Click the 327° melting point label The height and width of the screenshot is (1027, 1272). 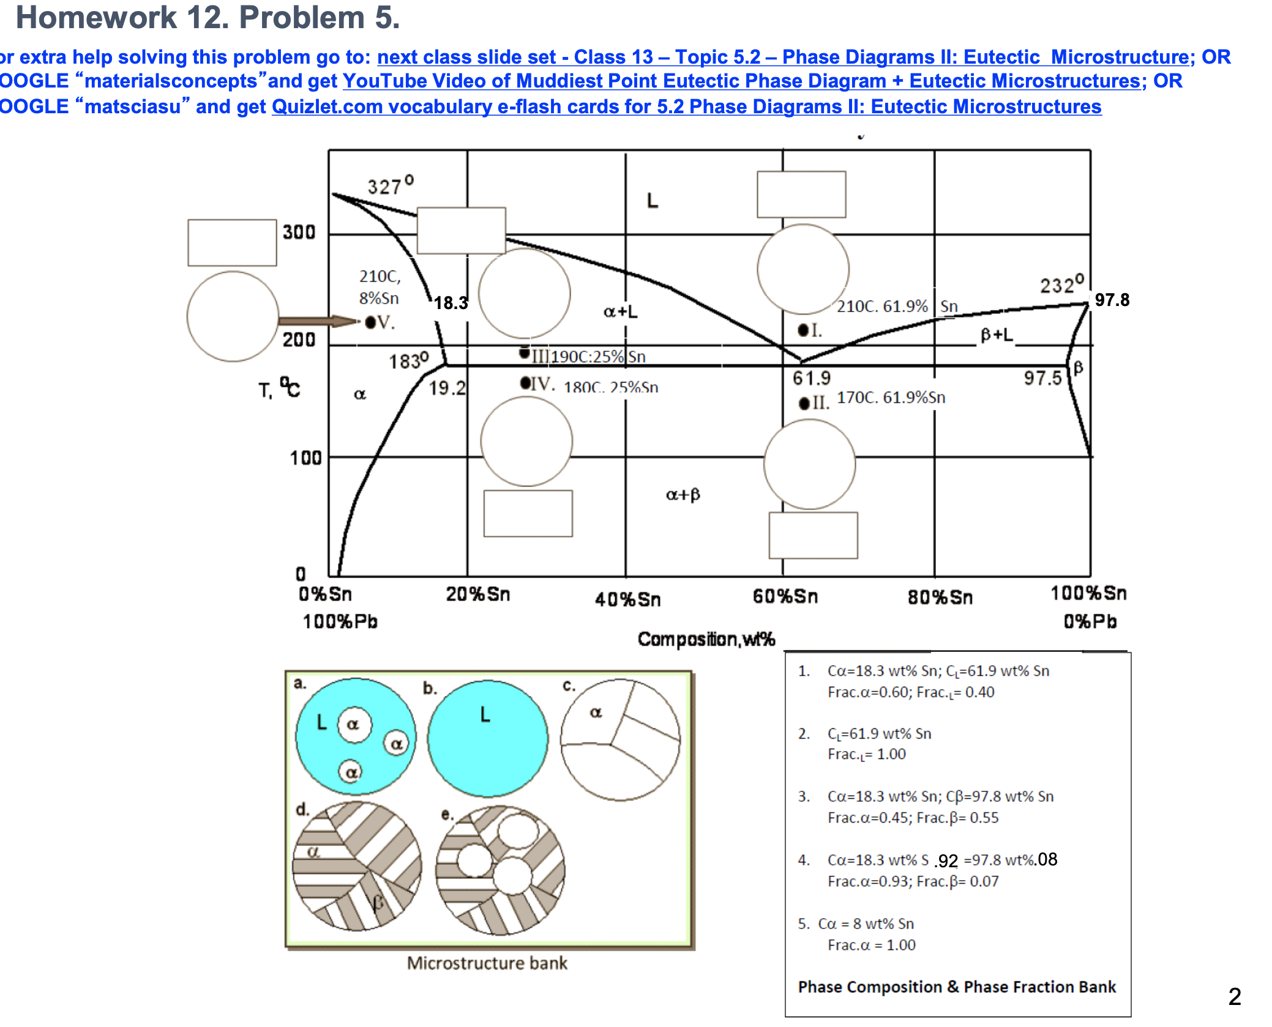tap(390, 185)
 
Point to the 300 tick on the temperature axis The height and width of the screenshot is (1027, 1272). tap(299, 232)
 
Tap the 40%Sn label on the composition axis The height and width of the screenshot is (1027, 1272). tap(627, 599)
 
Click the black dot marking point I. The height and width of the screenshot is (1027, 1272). tap(803, 331)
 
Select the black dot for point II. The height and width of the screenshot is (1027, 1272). tap(804, 403)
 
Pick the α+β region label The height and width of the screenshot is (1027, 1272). tap(683, 495)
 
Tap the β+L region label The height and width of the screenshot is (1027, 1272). tap(997, 334)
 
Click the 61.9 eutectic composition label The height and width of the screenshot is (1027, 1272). tap(811, 378)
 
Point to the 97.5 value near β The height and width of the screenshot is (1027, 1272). tap(1042, 378)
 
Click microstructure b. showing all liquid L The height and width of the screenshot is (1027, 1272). tap(487, 738)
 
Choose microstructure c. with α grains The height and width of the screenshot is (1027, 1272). tap(620, 739)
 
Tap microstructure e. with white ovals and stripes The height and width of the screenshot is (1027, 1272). tap(500, 870)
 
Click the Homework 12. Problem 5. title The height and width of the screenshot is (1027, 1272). tap(208, 17)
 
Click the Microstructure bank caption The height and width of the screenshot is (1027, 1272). tap(487, 963)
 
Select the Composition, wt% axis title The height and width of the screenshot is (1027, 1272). tap(706, 639)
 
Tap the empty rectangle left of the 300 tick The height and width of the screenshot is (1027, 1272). tap(232, 242)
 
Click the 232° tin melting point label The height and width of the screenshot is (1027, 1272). tap(1061, 284)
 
